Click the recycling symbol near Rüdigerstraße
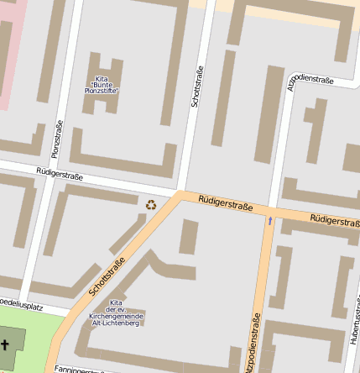point(151,204)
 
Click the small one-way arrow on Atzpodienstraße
point(269,221)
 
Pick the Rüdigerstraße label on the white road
point(60,177)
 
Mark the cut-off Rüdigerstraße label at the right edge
point(335,220)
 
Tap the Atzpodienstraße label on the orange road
point(253,343)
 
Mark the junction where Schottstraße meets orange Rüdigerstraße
point(179,196)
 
